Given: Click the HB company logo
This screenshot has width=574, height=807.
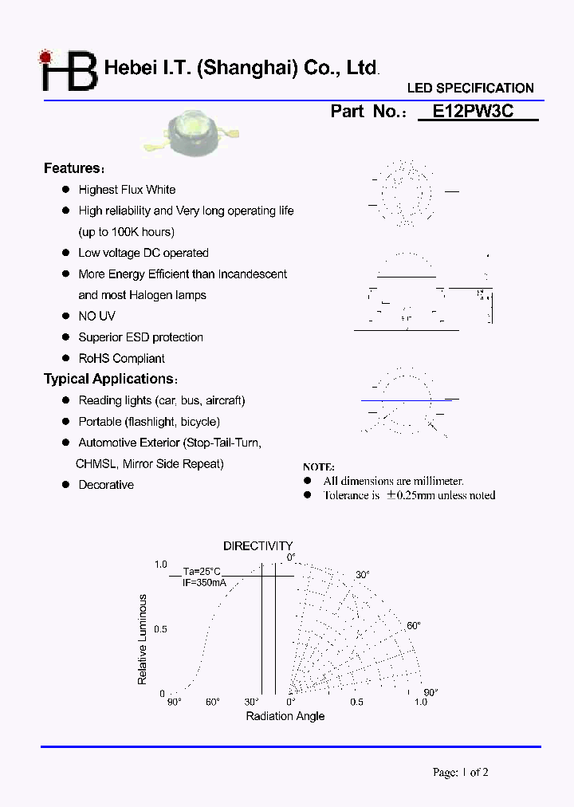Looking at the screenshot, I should click(69, 71).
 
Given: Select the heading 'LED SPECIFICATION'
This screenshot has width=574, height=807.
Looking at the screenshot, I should click(470, 89).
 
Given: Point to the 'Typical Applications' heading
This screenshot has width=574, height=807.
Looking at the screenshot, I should click(110, 379).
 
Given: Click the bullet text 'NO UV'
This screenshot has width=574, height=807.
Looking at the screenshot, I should click(96, 317).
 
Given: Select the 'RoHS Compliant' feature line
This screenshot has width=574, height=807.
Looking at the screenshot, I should click(121, 359).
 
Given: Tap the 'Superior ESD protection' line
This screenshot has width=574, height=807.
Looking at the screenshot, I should click(140, 337).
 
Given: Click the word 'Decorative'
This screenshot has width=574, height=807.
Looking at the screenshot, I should click(106, 485).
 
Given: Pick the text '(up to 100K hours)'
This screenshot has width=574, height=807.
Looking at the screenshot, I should click(126, 232).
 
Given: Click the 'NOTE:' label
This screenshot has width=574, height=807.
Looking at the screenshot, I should click(319, 467).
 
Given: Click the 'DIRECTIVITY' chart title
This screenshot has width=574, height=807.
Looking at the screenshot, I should click(258, 546).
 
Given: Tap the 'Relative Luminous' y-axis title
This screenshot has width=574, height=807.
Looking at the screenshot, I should click(143, 640).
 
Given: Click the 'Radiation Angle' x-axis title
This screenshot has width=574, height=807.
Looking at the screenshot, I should click(285, 716).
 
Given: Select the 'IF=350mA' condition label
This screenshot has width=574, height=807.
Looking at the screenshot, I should click(204, 583).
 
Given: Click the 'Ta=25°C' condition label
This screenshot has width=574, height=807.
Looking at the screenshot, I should click(201, 572).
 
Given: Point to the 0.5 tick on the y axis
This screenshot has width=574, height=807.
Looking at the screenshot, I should click(160, 629).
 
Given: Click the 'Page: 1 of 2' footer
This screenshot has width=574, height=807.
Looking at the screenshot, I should click(460, 772).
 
